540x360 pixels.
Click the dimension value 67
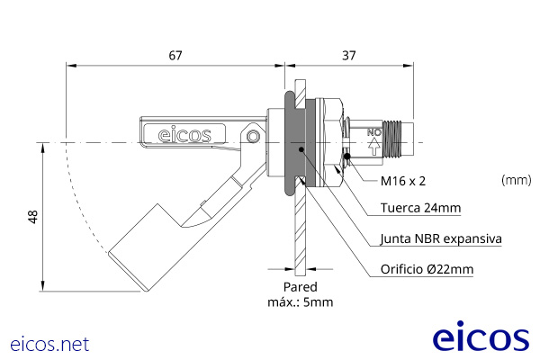pos(175,56)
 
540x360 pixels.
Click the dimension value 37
pos(348,56)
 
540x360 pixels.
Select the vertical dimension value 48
pos(33,217)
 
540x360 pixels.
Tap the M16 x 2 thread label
pos(402,181)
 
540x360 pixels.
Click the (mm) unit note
pos(516,180)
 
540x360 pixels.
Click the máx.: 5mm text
pos(300,302)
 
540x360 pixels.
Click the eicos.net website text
pos(49,344)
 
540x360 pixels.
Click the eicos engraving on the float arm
pos(184,136)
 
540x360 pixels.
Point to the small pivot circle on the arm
pos(255,137)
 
